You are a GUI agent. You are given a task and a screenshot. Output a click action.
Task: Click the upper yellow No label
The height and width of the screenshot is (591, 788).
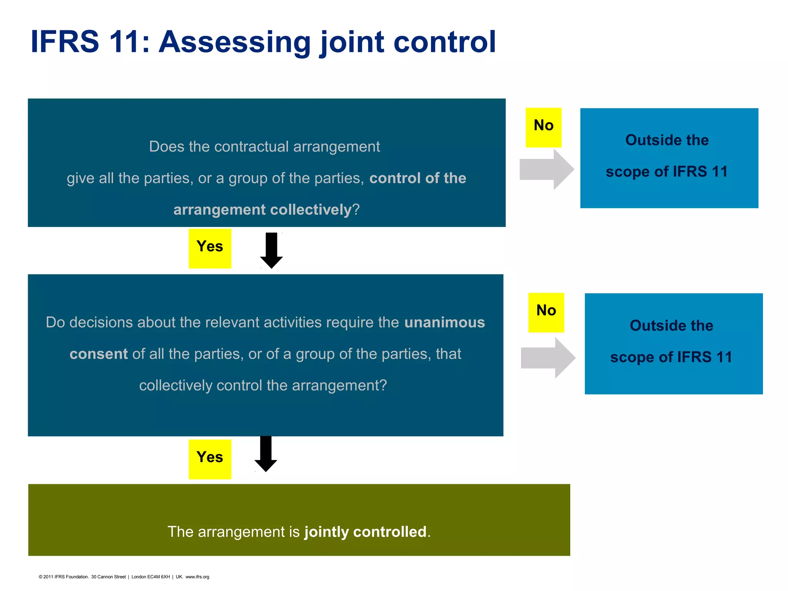pyautogui.click(x=543, y=127)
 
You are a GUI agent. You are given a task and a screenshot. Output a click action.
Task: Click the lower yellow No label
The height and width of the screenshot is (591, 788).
pyautogui.click(x=546, y=312)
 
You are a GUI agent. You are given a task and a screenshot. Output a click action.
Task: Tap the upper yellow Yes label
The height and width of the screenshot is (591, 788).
pyautogui.click(x=210, y=248)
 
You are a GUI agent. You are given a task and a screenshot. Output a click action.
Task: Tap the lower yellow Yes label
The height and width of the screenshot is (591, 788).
pyautogui.click(x=210, y=459)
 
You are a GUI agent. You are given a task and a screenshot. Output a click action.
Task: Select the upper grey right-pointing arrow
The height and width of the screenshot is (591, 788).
pyautogui.click(x=546, y=169)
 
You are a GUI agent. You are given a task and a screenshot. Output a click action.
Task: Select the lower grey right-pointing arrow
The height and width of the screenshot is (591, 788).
pyautogui.click(x=548, y=358)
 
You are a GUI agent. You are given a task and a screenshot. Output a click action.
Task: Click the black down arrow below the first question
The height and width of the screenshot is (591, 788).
pyautogui.click(x=271, y=250)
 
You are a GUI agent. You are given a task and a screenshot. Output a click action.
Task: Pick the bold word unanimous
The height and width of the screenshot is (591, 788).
pyautogui.click(x=444, y=322)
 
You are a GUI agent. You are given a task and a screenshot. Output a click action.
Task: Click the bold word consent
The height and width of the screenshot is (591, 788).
pyautogui.click(x=98, y=354)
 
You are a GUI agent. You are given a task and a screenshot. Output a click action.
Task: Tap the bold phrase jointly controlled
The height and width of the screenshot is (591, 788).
pyautogui.click(x=366, y=532)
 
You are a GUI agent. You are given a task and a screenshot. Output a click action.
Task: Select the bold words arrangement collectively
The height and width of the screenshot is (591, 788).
pyautogui.click(x=262, y=210)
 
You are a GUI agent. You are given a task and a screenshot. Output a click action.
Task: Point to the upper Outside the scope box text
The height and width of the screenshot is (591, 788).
pyautogui.click(x=667, y=156)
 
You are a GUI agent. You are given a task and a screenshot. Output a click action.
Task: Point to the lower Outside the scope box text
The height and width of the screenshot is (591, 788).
pyautogui.click(x=671, y=341)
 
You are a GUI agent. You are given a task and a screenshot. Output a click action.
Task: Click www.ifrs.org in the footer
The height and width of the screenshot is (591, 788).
pyautogui.click(x=197, y=577)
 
